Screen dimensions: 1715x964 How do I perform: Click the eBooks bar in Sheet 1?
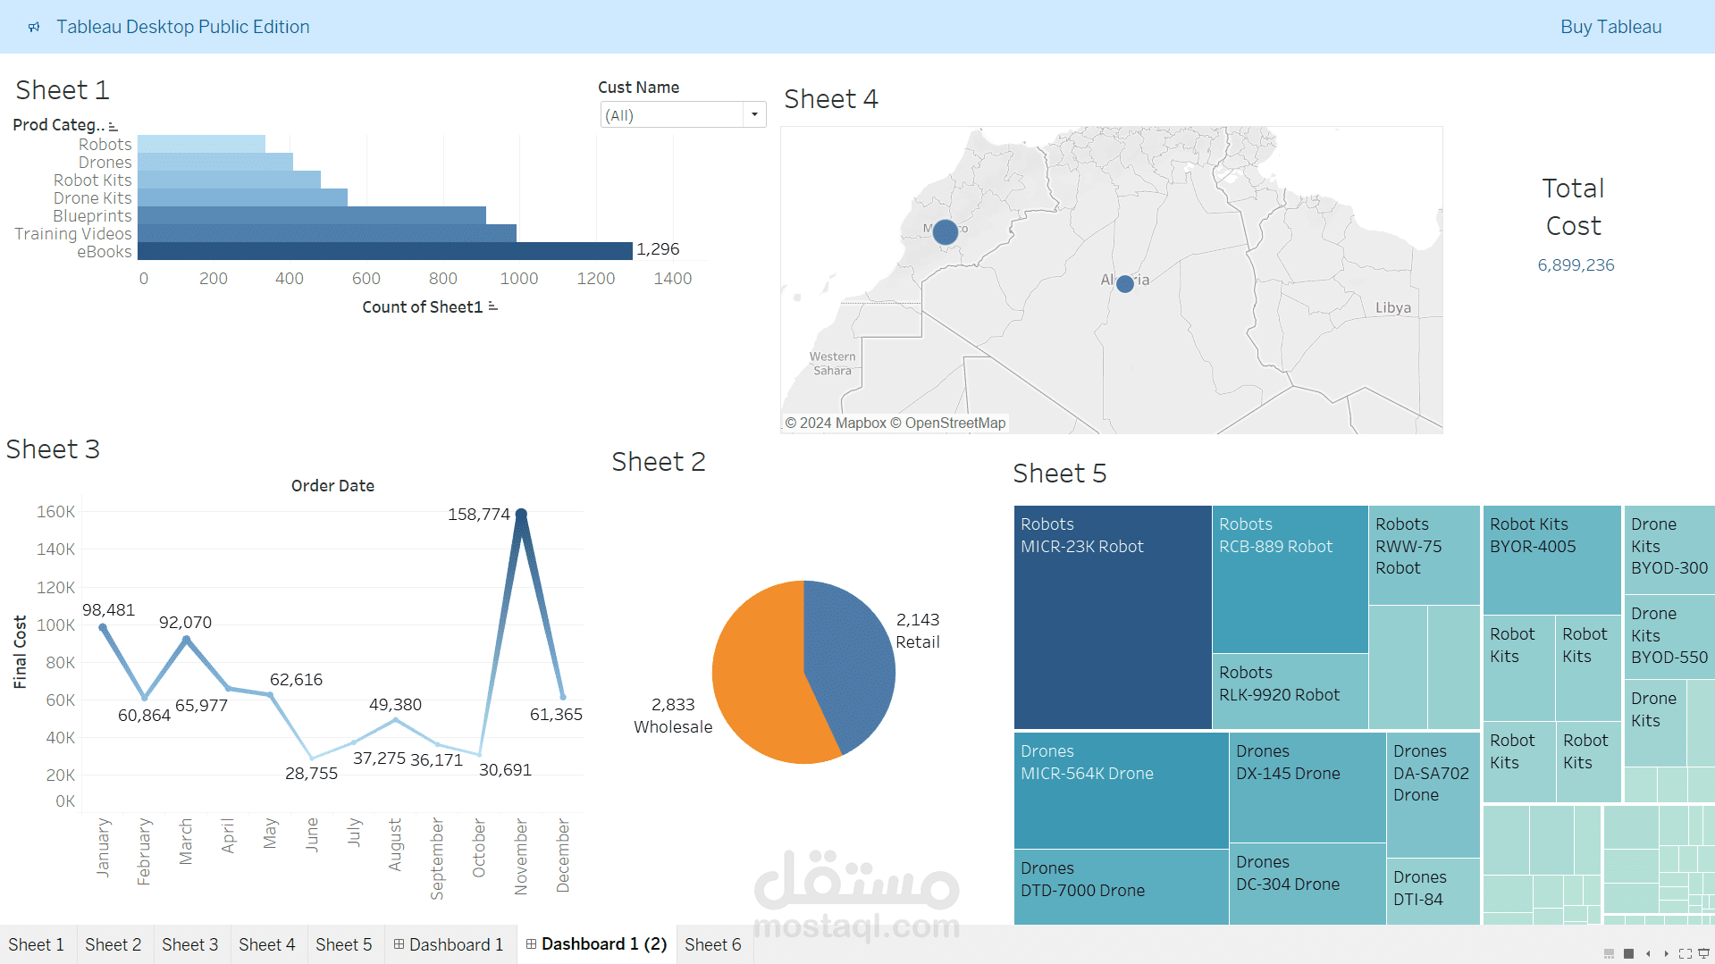pyautogui.click(x=385, y=251)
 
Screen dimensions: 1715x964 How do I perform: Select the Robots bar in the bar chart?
pyautogui.click(x=201, y=144)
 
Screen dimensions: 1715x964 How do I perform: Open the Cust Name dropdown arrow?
pyautogui.click(x=755, y=114)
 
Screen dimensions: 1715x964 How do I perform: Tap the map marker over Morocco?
pyautogui.click(x=946, y=232)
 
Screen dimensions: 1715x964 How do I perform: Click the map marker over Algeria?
pyautogui.click(x=1125, y=283)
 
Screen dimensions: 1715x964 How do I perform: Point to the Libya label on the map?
pyautogui.click(x=1393, y=307)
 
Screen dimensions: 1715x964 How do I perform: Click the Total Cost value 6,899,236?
pyautogui.click(x=1576, y=265)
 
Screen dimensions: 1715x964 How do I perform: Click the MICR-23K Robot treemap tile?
pyautogui.click(x=1113, y=617)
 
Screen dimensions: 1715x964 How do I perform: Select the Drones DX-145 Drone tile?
pyautogui.click(x=1307, y=787)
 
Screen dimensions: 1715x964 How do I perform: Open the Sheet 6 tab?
pyautogui.click(x=713, y=944)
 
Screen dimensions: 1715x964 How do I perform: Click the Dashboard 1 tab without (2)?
pyautogui.click(x=450, y=944)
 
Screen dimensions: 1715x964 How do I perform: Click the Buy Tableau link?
pyautogui.click(x=1610, y=27)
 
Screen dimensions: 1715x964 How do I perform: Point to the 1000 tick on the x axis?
pyautogui.click(x=519, y=279)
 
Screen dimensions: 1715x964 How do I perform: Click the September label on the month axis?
pyautogui.click(x=437, y=859)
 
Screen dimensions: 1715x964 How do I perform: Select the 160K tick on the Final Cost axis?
pyautogui.click(x=55, y=512)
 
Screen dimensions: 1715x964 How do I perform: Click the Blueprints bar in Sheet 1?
pyautogui.click(x=312, y=215)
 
